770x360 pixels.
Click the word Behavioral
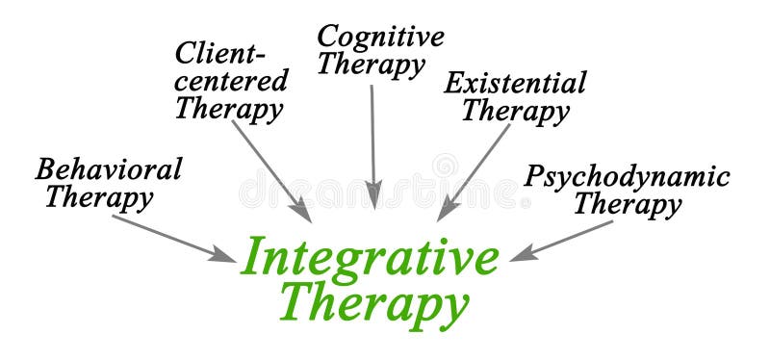[108, 170]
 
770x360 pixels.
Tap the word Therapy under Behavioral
[99, 198]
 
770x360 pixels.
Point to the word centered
[231, 79]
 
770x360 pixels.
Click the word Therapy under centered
[229, 108]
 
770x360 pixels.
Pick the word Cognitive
[381, 37]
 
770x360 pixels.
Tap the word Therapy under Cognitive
[372, 65]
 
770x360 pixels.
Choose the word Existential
[514, 83]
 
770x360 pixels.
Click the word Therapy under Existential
[515, 111]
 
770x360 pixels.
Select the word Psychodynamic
[627, 176]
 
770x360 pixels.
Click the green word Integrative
[371, 257]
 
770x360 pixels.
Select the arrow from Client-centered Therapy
[271, 169]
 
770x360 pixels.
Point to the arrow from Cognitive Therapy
[373, 144]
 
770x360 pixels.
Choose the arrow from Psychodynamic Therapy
[562, 241]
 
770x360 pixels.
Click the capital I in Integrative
[253, 257]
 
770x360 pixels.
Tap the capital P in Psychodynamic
[535, 176]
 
